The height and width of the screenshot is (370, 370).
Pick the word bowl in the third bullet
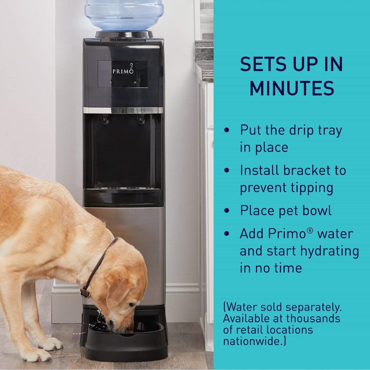click(x=316, y=210)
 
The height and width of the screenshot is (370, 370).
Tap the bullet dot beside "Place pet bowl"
click(x=226, y=211)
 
